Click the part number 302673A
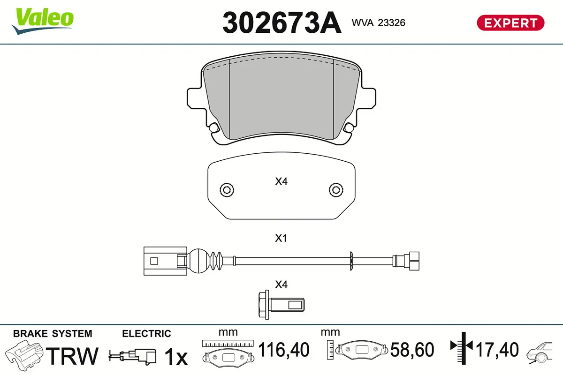tap(281, 22)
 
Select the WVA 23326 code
tap(378, 22)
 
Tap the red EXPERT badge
tap(510, 22)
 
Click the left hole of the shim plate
tap(226, 190)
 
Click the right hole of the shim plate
tap(335, 190)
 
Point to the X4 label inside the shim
tap(281, 181)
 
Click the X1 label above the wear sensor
tap(281, 239)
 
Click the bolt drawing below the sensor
tap(281, 305)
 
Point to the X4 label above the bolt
tap(281, 285)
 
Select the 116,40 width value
tap(284, 350)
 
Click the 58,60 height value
tap(413, 350)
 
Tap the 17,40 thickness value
tap(497, 350)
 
